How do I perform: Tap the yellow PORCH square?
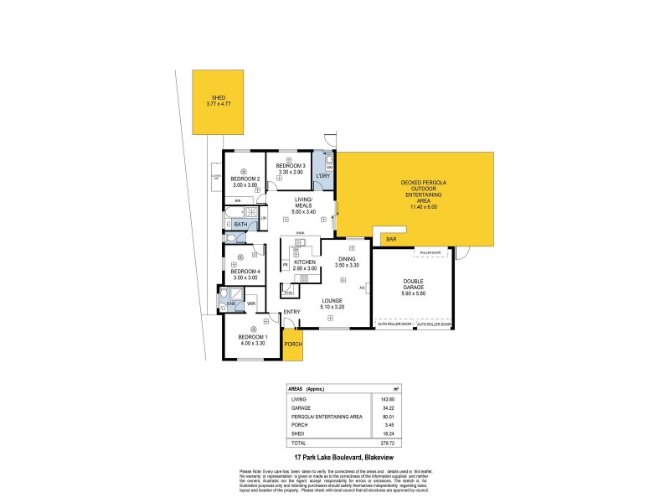click(x=292, y=345)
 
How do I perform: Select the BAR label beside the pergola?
click(x=391, y=241)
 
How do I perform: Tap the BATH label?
click(x=240, y=225)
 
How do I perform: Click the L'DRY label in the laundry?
click(x=323, y=175)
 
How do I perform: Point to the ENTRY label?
click(x=291, y=313)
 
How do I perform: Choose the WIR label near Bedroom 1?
click(x=250, y=303)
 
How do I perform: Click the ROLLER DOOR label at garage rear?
click(x=430, y=251)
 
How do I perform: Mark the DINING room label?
click(x=347, y=258)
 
